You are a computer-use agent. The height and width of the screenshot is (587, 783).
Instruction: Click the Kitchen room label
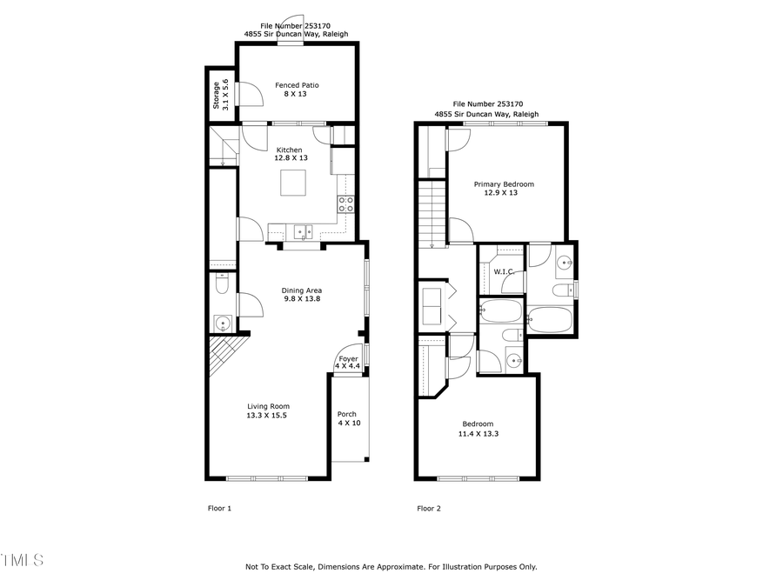[291, 150]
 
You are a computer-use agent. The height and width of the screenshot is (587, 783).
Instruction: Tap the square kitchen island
[294, 183]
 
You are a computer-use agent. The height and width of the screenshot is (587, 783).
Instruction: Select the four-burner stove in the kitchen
[345, 204]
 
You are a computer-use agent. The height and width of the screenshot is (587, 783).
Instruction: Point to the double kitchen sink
[303, 231]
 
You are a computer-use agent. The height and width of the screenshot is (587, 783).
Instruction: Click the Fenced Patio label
[297, 85]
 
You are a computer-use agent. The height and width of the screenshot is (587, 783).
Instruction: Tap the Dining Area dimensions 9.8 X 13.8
[302, 299]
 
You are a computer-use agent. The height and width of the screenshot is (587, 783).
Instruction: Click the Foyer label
[348, 358]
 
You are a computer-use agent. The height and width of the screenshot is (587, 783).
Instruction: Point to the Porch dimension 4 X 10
[348, 424]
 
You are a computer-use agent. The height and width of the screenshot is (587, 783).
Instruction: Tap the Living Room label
[268, 406]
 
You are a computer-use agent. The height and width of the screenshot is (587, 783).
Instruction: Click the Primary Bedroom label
[504, 184]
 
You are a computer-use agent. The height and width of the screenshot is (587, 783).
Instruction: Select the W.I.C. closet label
[504, 271]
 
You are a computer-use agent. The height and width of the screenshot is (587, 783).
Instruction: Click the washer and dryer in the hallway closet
[432, 305]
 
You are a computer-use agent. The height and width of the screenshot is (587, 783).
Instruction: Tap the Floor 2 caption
[429, 509]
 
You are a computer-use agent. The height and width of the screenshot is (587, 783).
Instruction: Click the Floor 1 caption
[219, 509]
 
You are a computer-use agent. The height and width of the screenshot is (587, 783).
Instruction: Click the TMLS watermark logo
[22, 559]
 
